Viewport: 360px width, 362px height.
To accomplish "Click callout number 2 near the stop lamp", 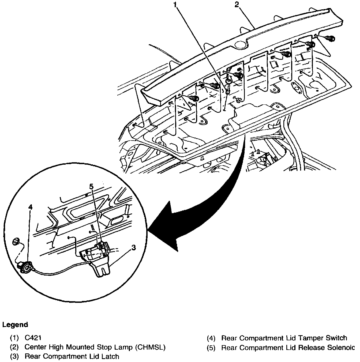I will coord(237,5).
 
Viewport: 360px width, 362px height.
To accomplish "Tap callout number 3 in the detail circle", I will coord(133,248).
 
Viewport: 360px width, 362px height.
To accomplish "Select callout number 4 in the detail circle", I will coord(31,207).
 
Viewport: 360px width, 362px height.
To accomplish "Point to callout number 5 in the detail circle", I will coord(91,186).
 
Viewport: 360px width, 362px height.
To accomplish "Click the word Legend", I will coord(15,325).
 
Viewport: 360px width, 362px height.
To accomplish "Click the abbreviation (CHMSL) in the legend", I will coord(150,347).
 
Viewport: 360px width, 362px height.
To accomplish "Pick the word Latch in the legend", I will coord(110,356).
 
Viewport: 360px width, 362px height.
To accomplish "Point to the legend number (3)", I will coord(14,356).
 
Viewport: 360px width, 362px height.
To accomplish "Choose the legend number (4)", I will coord(211,338).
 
